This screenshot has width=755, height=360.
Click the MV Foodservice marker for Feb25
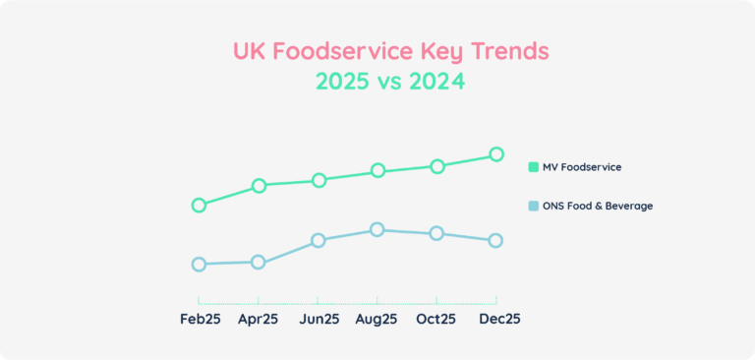[x=199, y=206]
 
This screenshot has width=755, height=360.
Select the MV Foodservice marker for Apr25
[x=259, y=186]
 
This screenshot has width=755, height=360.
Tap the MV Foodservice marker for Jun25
[x=318, y=180]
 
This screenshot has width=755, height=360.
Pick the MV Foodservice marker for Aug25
[x=377, y=171]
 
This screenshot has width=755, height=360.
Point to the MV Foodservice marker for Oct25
[x=436, y=166]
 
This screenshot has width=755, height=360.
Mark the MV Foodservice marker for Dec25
[x=496, y=154]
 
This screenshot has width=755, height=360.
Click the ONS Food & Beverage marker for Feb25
[x=199, y=265]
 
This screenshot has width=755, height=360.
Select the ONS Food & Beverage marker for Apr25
[x=259, y=263]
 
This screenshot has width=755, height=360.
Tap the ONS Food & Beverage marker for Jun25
[x=318, y=241]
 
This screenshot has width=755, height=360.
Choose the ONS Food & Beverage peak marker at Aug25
[x=377, y=230]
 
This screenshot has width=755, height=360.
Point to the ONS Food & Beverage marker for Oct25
[x=436, y=233]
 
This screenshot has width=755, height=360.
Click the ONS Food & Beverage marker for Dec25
[x=496, y=241]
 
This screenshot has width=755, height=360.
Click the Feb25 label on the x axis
[x=199, y=319]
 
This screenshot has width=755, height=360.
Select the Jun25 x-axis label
[x=318, y=319]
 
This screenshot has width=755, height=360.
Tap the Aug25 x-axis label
[x=377, y=319]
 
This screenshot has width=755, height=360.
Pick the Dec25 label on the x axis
[x=499, y=319]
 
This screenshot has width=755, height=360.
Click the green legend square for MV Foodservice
[x=534, y=167]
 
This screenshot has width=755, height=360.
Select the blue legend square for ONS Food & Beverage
[x=534, y=207]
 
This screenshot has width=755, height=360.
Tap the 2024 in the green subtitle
[x=434, y=83]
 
